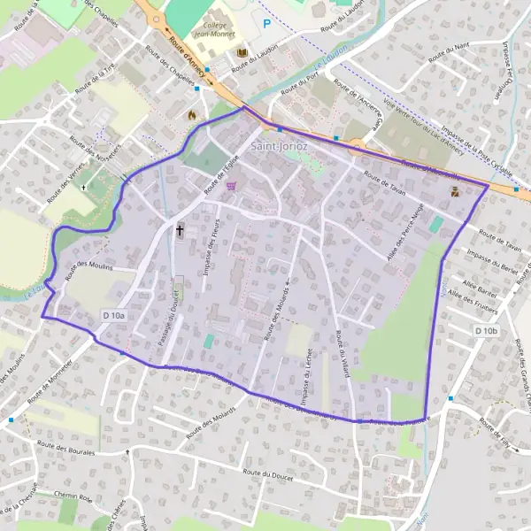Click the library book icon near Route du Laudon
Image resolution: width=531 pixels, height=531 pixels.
point(242,55)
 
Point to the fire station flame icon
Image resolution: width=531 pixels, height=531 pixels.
point(190,114)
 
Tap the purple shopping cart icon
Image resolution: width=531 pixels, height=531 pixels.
point(232,186)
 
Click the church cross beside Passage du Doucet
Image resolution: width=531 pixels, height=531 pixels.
point(180,230)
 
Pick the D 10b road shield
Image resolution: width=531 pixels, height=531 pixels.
point(487,331)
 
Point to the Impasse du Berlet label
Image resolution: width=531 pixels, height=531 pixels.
point(492,262)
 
